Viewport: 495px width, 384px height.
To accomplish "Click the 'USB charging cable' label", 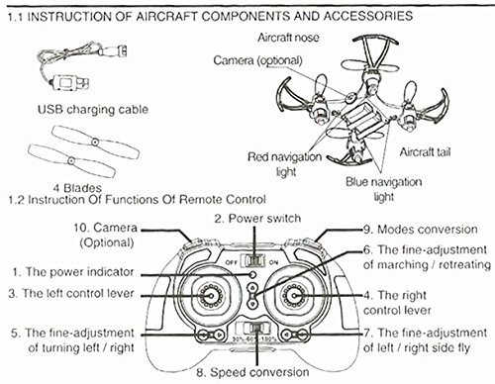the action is tap(93, 110).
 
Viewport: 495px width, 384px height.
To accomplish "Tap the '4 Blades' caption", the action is tap(77, 188).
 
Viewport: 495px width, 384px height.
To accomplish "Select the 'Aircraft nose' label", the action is tap(288, 38).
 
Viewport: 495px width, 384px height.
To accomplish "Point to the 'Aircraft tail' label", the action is tap(425, 151).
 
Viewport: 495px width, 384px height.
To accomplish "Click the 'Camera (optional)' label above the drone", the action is tap(257, 60).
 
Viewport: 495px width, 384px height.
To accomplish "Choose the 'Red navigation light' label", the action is tap(284, 164).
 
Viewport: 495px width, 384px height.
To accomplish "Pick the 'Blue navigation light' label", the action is tap(383, 189).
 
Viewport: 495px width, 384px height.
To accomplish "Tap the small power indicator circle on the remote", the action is tap(252, 274).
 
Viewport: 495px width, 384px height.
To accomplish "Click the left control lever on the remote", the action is tap(209, 296).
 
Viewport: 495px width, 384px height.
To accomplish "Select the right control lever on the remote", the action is tap(295, 296).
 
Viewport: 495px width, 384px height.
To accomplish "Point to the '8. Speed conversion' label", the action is tap(252, 372).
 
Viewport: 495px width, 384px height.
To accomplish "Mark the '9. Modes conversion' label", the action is tap(420, 230).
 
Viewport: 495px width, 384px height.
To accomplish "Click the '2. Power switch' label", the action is tap(257, 219).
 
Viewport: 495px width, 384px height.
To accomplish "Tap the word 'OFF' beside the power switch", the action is tap(232, 262).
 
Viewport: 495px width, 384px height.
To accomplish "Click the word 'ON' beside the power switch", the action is tap(273, 262).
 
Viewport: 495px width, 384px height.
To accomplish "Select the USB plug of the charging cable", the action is tap(70, 82).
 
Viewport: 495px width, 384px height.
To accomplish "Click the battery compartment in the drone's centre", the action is tap(360, 120).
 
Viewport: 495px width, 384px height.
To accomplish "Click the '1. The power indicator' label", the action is tap(73, 272).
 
